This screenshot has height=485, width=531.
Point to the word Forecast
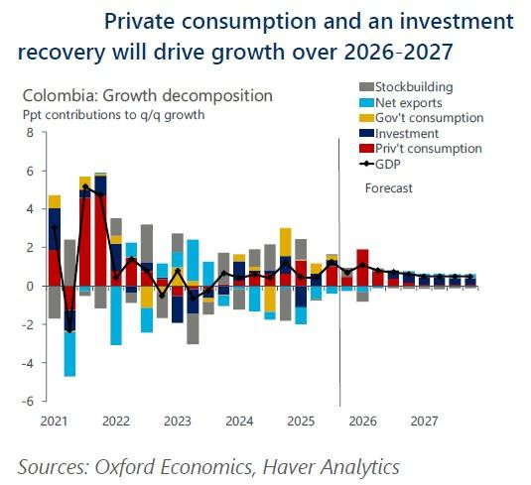pyautogui.click(x=389, y=188)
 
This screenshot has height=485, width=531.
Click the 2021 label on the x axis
pyautogui.click(x=54, y=421)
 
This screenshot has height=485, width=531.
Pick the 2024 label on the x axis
pyautogui.click(x=238, y=421)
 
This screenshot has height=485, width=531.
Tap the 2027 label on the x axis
pyautogui.click(x=425, y=421)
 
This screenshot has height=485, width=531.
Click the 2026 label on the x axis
pyautogui.click(x=363, y=421)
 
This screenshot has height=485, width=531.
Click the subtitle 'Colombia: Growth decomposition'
pyautogui.click(x=147, y=96)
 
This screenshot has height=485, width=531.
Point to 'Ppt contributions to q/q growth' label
pyautogui.click(x=113, y=114)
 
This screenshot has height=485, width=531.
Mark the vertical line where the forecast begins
pyautogui.click(x=340, y=298)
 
